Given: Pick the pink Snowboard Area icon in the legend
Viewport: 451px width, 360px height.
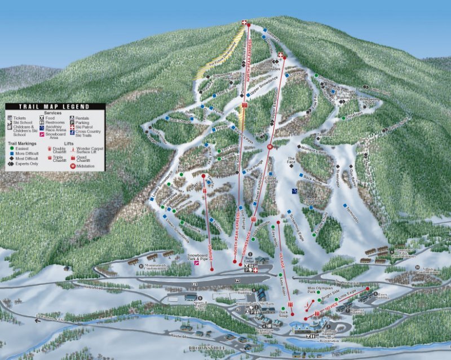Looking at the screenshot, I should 42,134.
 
